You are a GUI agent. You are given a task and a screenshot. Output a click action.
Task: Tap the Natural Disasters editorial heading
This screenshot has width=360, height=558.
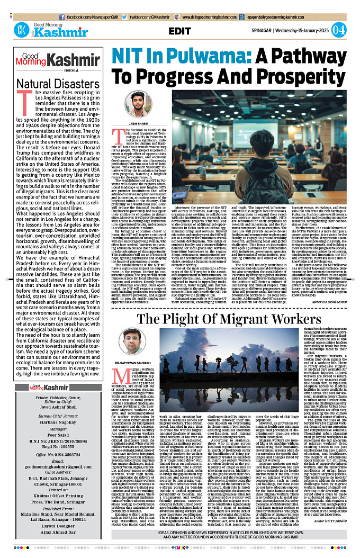pos(51,84)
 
